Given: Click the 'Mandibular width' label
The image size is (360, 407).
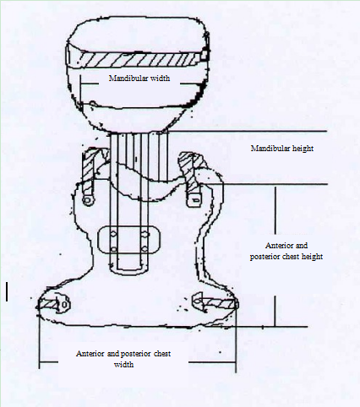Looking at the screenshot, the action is coord(139,78).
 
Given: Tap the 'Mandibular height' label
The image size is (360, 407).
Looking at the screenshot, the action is coord(282,149).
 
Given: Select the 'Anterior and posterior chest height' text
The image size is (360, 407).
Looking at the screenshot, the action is coord(286,251).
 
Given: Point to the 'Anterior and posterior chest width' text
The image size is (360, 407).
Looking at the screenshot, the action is coord(123,359).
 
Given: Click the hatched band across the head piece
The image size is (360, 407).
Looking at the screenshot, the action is coord(138,60).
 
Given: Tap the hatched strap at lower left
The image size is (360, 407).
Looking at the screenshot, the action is coord(51,305).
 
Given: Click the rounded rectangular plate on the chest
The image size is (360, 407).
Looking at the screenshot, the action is coord(128,240).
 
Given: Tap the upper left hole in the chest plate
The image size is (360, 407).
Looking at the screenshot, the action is coord(113,234).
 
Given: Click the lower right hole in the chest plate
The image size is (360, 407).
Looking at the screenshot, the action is coord(145,249).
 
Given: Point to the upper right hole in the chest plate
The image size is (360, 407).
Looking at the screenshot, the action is coord(145,234).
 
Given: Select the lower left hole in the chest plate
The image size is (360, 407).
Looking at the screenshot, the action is coord(113,249).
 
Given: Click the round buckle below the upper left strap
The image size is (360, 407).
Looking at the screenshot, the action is coord(88,200).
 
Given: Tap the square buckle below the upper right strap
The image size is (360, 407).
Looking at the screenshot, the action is coord(194,200).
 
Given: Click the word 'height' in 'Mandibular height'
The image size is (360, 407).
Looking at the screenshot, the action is coord(303,149).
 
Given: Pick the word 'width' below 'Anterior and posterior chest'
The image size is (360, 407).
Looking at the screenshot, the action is coord(123,364).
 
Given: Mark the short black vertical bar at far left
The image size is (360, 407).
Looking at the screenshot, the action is coord(7,292).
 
